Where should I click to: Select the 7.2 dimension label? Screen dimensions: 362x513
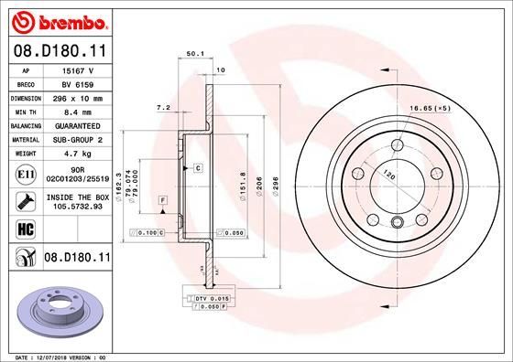tap(165, 108)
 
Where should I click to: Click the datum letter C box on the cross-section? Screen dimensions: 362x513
tap(197, 169)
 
